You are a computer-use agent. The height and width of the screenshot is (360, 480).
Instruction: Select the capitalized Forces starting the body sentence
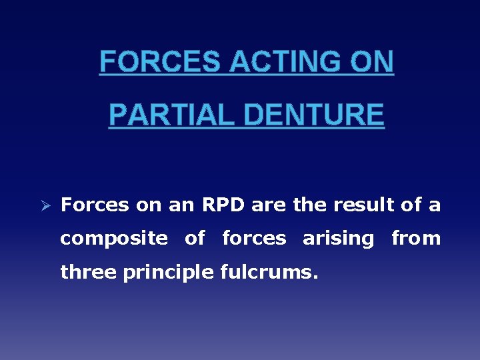click(x=95, y=205)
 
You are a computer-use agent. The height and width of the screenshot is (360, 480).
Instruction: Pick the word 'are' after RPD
click(x=270, y=205)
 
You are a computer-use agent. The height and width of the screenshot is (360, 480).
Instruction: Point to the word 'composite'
click(x=114, y=239)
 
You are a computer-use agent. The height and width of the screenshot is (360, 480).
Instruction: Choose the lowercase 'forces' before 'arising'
click(x=254, y=239)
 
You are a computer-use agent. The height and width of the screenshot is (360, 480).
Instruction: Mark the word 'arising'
click(x=339, y=239)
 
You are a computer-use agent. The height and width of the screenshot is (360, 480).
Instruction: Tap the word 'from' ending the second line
click(x=416, y=239)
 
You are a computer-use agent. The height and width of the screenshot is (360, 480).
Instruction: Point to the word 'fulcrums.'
click(x=268, y=273)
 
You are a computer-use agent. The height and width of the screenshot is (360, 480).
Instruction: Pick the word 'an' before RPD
click(x=181, y=205)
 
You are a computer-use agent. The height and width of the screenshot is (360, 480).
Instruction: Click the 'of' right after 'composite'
click(x=195, y=239)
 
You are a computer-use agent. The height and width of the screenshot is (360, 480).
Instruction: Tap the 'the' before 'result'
click(x=310, y=205)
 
